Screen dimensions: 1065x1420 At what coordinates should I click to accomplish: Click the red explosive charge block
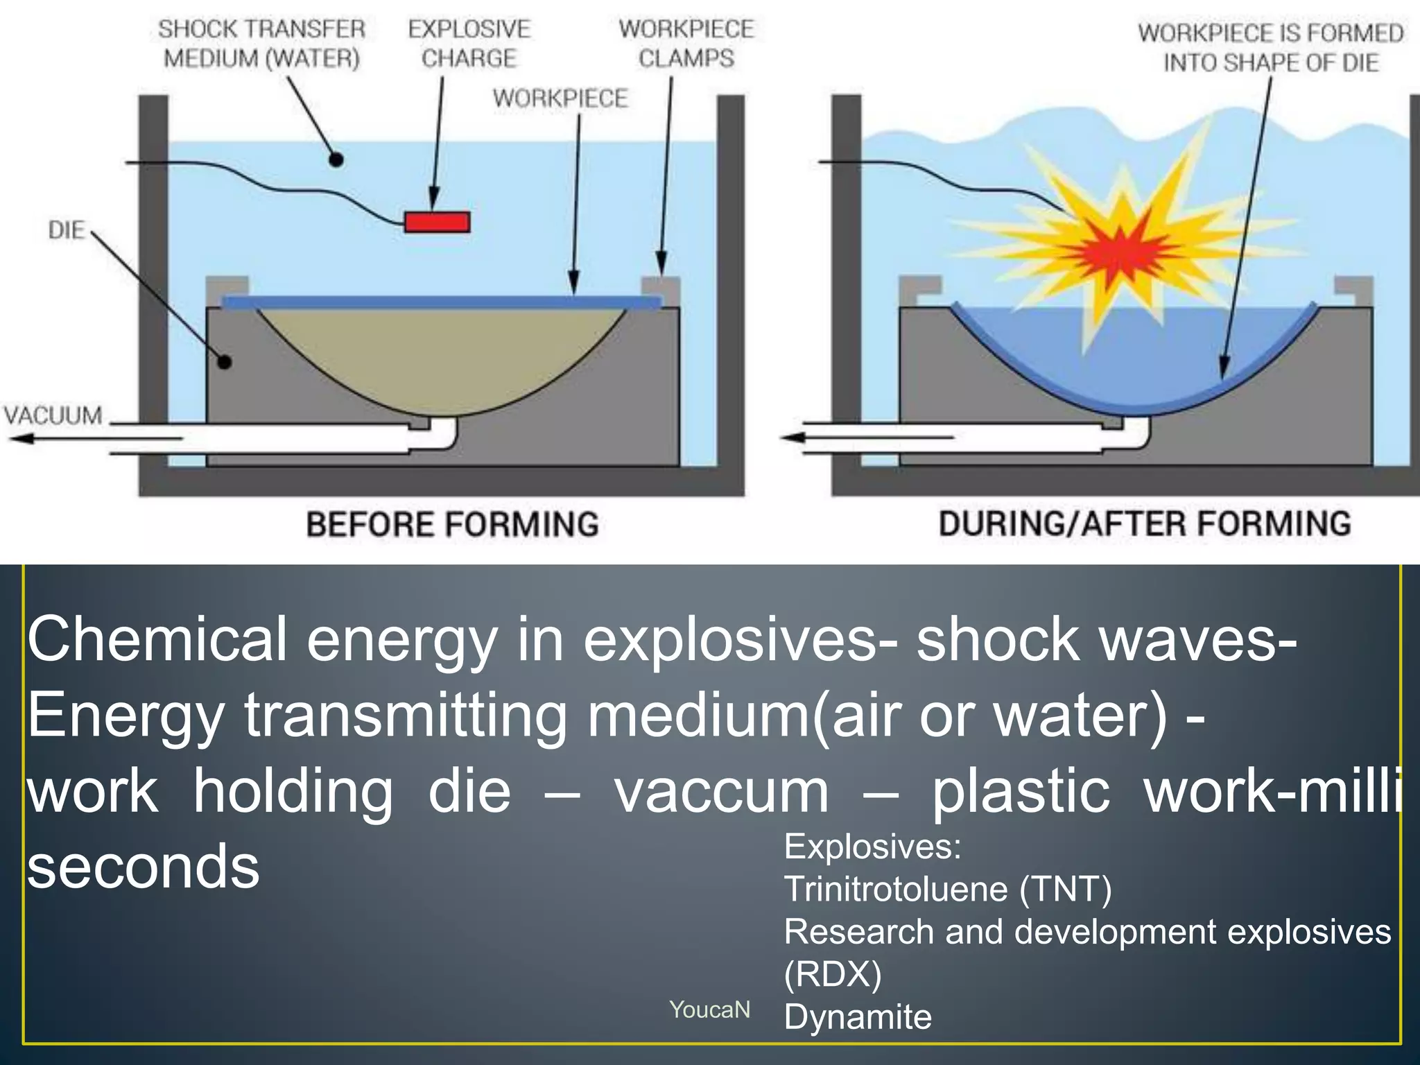coord(438,222)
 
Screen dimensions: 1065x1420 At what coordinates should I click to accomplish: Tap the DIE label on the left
coord(66,230)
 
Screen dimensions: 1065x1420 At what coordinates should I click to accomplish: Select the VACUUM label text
coord(53,415)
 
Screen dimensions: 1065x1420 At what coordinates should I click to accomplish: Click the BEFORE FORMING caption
coord(452,524)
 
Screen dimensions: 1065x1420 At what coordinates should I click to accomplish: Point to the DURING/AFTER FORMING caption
coord(1145,523)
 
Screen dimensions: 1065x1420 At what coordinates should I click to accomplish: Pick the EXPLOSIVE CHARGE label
coord(469,44)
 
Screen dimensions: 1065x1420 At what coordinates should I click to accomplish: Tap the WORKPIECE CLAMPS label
coord(686,44)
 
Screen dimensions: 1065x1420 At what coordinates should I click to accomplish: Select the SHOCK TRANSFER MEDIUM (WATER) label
coord(262,44)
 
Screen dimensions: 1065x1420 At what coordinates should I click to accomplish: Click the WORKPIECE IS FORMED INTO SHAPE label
coord(1270,48)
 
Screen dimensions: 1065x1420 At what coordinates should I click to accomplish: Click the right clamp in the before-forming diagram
coord(660,286)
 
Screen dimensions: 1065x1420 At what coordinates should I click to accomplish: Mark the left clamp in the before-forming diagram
coord(227,286)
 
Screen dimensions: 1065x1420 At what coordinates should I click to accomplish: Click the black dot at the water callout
coord(336,159)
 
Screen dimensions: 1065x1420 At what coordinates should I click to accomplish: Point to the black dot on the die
coord(225,362)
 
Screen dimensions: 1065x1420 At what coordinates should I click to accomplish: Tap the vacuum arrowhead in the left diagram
coord(21,438)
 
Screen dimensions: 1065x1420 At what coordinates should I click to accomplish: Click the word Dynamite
coord(858,1016)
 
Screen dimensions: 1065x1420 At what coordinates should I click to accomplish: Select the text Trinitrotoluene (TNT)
coord(947,888)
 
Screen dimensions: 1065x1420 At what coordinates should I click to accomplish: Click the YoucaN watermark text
coord(709,1010)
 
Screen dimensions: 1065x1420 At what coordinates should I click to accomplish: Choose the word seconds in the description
coord(144,867)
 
